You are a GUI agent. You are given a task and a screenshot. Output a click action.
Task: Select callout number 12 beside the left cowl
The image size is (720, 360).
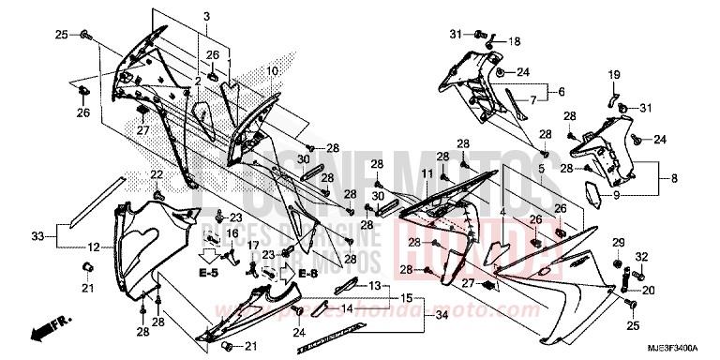[x=95, y=247]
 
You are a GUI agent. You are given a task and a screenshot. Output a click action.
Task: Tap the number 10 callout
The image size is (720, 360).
[x=272, y=71]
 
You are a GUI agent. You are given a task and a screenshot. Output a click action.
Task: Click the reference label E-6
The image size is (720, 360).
[x=307, y=273]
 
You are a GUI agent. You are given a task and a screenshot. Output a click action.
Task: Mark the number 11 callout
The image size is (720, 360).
[x=426, y=174]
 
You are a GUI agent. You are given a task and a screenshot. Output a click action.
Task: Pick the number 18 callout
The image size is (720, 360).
[x=514, y=42]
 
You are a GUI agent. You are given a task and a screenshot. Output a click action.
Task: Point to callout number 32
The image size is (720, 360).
[x=642, y=256]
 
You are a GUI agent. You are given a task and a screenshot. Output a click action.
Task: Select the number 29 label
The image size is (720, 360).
[x=617, y=244]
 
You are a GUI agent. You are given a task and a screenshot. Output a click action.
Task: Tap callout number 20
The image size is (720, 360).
[x=647, y=290]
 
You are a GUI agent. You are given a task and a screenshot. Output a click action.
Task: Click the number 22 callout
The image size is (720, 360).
[x=157, y=174]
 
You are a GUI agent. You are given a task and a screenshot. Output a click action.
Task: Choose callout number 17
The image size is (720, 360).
[x=253, y=246]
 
